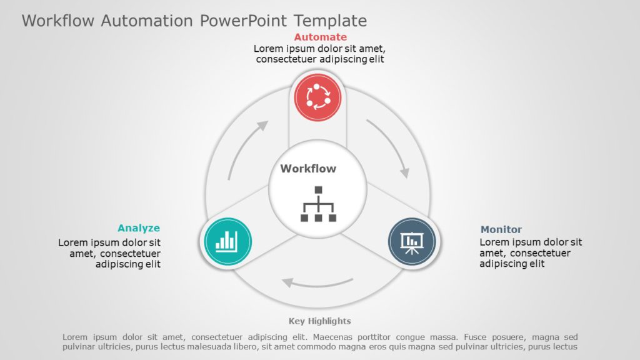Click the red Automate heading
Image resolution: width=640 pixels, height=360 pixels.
(x=320, y=37)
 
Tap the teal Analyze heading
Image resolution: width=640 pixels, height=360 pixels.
(x=139, y=228)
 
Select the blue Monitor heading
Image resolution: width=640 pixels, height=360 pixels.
(x=501, y=229)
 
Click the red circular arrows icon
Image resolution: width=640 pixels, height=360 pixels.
(x=317, y=96)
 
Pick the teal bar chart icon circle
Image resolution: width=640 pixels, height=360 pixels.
(x=226, y=241)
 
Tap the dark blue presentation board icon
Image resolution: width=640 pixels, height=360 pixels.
(x=411, y=241)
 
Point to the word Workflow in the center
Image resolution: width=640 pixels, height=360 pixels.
(x=308, y=169)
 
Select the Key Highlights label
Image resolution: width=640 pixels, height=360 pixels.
(x=320, y=321)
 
